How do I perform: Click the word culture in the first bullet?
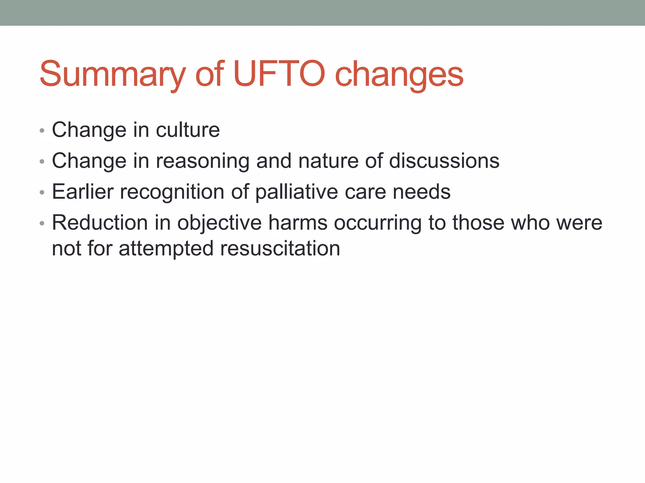(x=188, y=130)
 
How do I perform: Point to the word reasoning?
(x=203, y=161)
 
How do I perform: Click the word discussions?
(x=444, y=161)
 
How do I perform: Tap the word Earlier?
(x=83, y=192)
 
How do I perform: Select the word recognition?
(x=172, y=192)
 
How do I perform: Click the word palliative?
(x=296, y=192)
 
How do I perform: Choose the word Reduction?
(x=100, y=223)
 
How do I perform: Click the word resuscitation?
(x=280, y=248)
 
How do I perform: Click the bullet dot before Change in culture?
(x=42, y=130)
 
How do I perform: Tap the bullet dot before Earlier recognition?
(x=42, y=192)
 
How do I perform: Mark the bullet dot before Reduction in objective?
(x=42, y=224)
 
